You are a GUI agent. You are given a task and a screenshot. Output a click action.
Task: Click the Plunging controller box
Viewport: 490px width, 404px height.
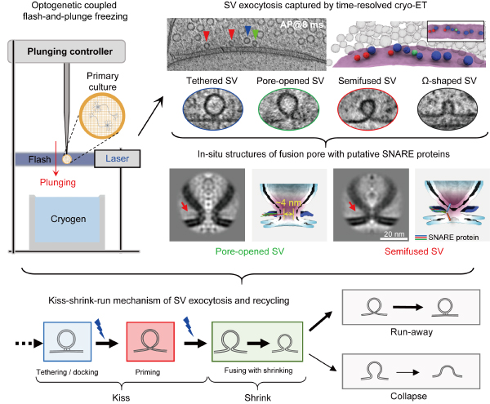click(67, 51)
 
